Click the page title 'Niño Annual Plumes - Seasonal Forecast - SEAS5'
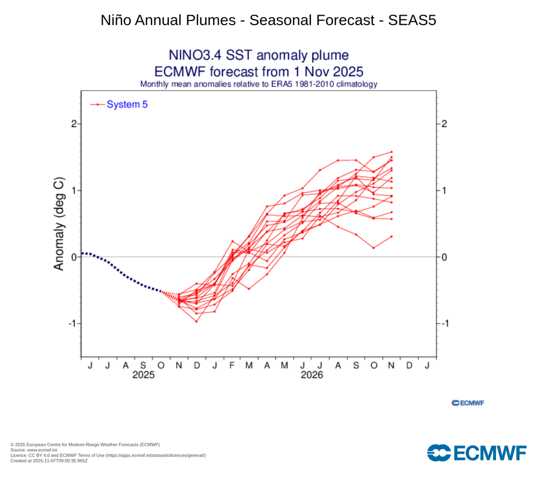point(268,20)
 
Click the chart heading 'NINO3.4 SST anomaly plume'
point(259,56)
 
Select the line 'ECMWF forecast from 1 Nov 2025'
point(259,71)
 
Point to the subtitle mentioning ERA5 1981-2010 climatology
point(259,84)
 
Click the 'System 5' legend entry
point(127,105)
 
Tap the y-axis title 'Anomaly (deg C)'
point(59,224)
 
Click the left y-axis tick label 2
point(74,124)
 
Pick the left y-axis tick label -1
point(72,323)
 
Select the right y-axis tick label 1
point(444,190)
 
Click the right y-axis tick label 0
point(444,257)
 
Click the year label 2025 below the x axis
point(143,375)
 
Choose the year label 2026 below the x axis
point(312,375)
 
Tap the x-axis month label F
point(232,365)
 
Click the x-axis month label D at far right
point(409,365)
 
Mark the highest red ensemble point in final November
point(391,152)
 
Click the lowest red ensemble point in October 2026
point(373,248)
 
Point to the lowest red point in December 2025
point(197,321)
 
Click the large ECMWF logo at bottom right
point(476,453)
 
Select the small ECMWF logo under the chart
point(468,403)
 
